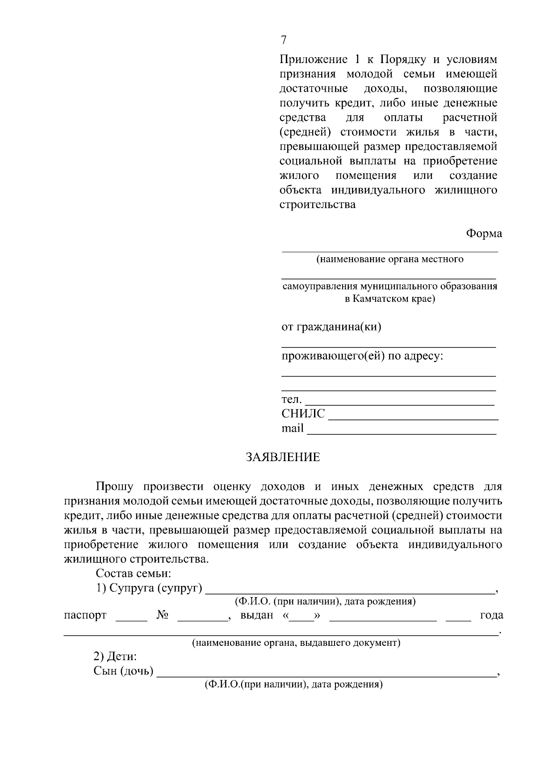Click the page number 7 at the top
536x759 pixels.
pos(284,40)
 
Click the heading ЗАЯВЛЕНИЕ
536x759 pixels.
pos(283,457)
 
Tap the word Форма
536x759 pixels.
pos(484,233)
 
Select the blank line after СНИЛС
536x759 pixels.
pos(413,419)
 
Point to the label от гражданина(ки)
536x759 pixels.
pos(331,327)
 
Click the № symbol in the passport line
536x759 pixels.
pos(162,615)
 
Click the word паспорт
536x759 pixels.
pos(85,615)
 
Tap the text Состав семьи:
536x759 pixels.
pos(134,573)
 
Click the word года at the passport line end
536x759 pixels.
pos(491,615)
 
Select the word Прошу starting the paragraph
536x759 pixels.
pos(113,487)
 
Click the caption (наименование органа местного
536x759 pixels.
pos(389,259)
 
